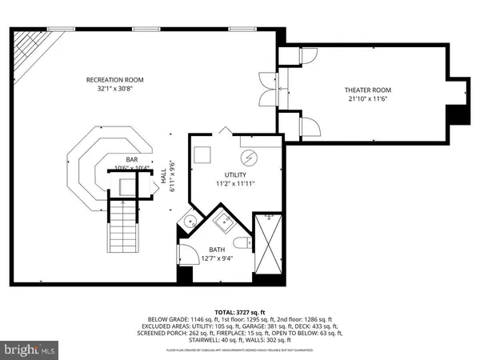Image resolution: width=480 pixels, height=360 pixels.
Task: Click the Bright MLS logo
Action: [30, 349]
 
